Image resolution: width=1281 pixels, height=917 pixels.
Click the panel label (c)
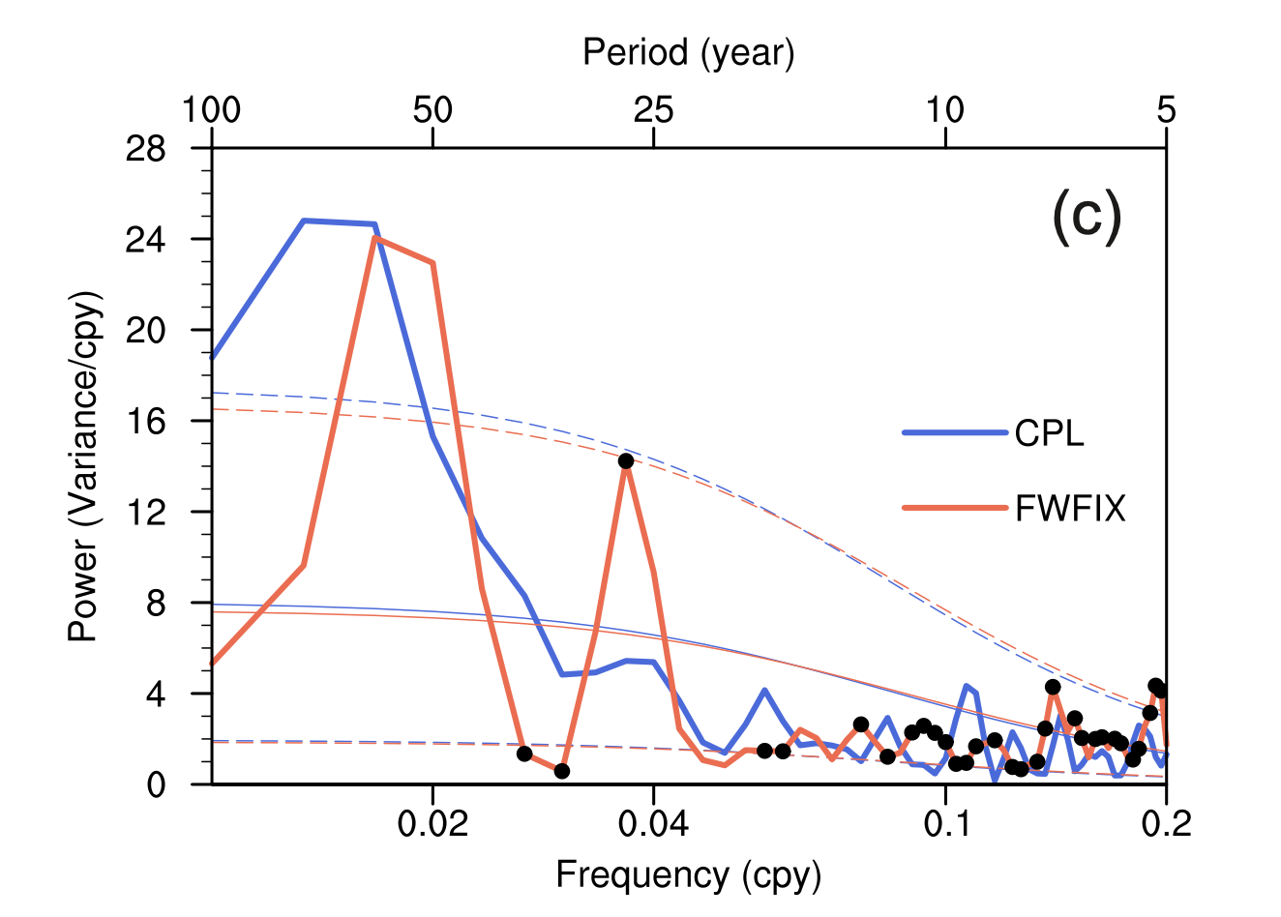(x=1087, y=217)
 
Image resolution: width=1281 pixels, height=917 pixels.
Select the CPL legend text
(x=1049, y=433)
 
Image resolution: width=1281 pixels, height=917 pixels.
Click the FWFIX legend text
(x=1070, y=508)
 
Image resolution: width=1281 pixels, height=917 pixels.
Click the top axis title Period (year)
(x=688, y=52)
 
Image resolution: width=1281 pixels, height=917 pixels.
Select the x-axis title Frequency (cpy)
(x=688, y=874)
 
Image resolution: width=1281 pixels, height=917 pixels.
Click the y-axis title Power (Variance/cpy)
(x=83, y=466)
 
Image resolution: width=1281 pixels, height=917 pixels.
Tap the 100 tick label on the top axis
(x=211, y=110)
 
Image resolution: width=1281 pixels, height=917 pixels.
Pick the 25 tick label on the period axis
(x=653, y=110)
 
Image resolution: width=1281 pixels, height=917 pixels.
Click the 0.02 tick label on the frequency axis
(x=432, y=824)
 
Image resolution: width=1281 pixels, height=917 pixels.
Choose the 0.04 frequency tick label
(x=653, y=824)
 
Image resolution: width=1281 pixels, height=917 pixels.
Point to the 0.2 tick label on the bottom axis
(x=1166, y=824)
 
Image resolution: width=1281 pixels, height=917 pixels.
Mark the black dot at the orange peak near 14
(x=626, y=461)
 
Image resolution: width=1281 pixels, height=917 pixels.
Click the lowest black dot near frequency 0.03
(x=562, y=771)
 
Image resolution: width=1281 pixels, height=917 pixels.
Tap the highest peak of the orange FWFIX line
(x=374, y=238)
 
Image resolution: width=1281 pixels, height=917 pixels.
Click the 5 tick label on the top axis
(x=1166, y=110)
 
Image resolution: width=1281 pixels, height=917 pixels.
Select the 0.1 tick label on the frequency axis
(x=945, y=824)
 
